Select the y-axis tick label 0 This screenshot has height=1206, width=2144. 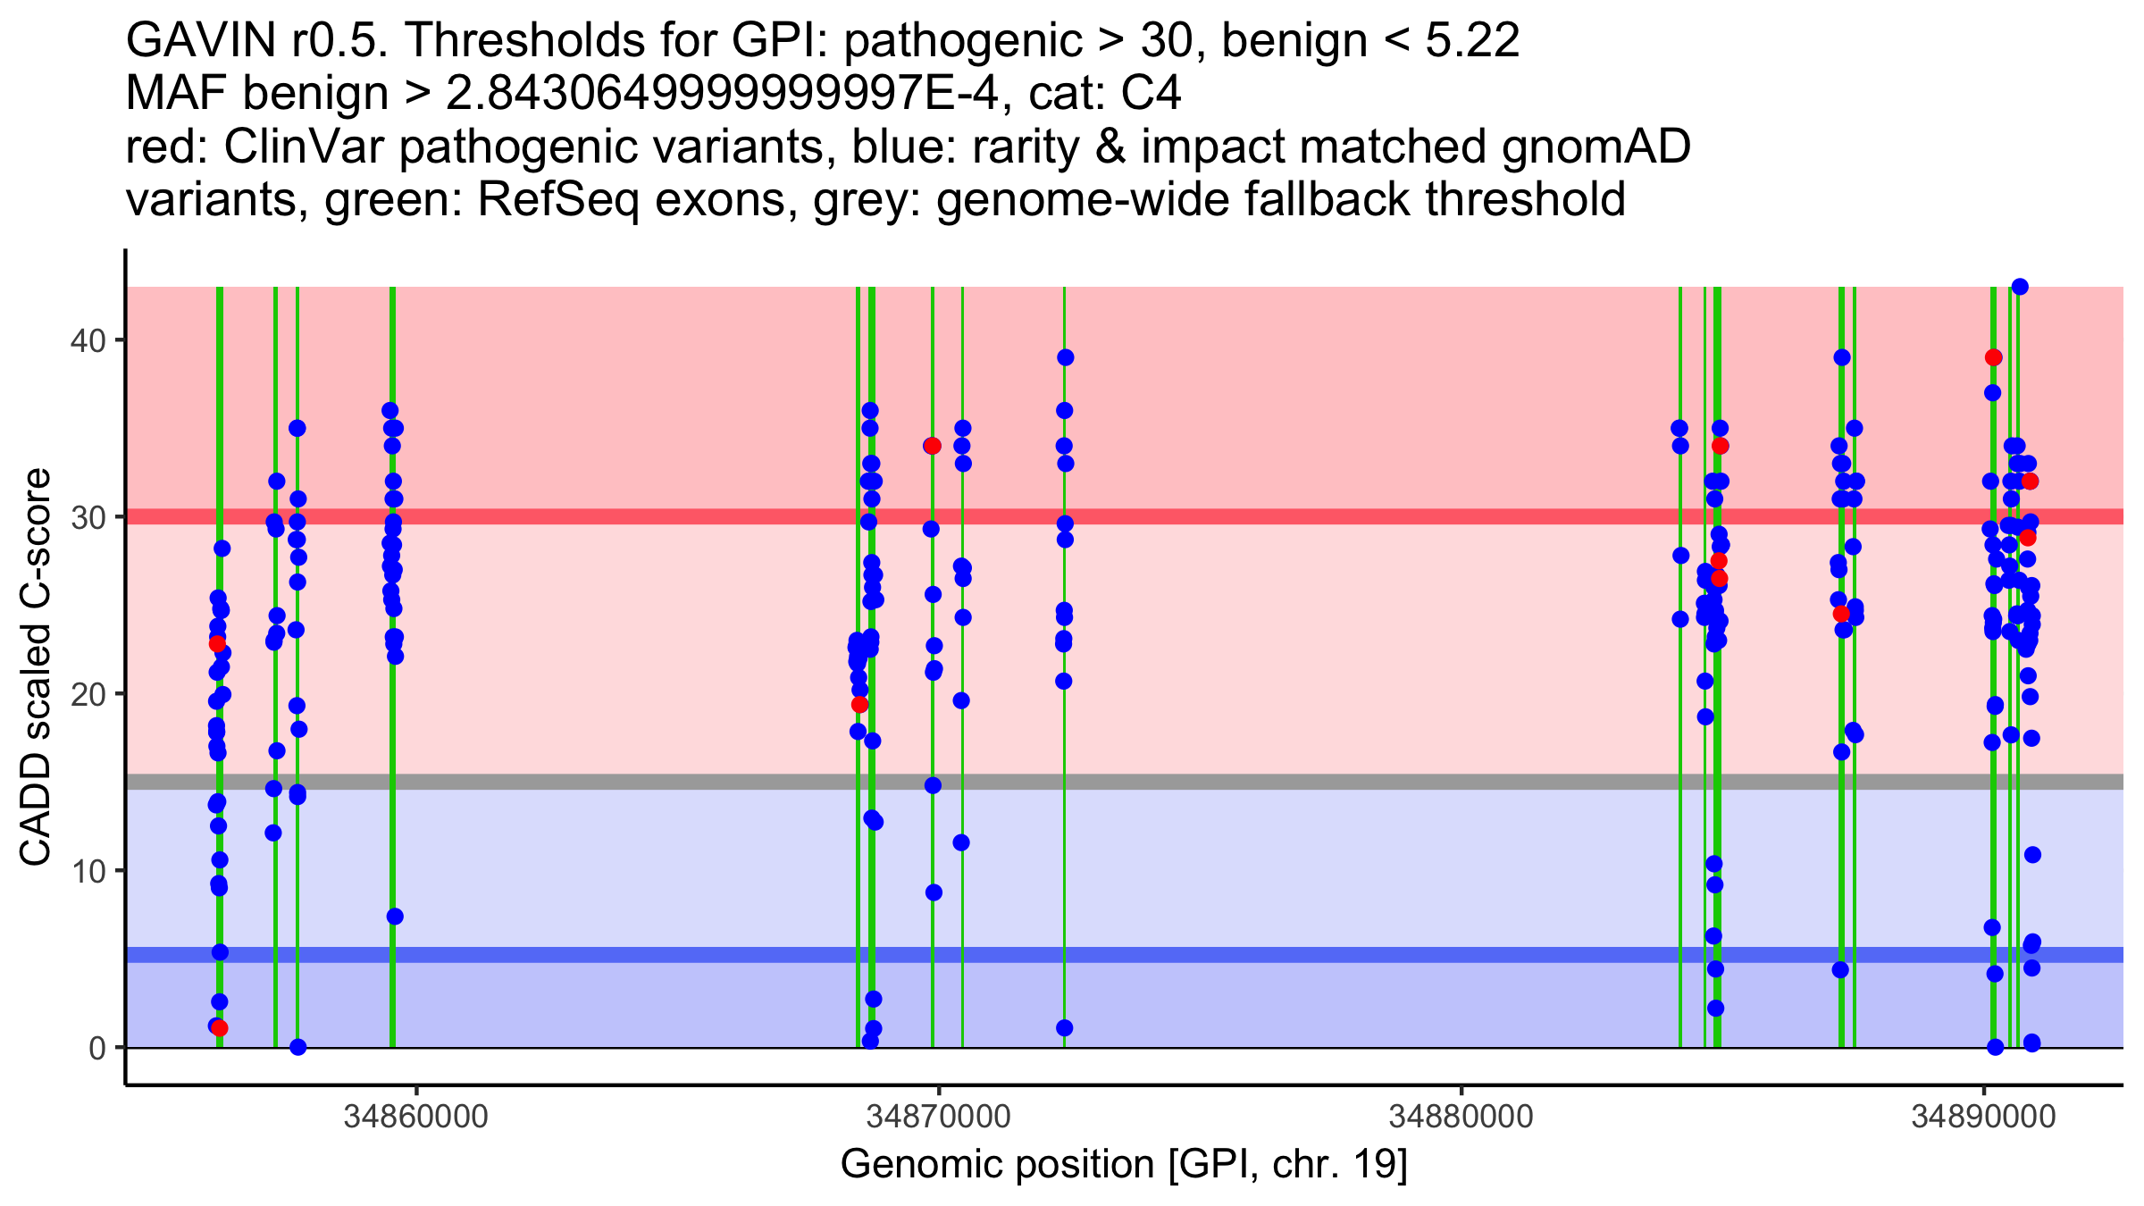(97, 1048)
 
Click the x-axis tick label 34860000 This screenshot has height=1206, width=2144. (416, 1117)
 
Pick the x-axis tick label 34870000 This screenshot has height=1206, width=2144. (939, 1117)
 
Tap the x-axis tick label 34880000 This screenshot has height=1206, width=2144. (1461, 1117)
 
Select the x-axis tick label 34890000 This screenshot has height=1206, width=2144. (1984, 1117)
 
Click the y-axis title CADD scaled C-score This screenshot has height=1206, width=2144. (36, 668)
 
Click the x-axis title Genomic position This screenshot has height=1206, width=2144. (1124, 1165)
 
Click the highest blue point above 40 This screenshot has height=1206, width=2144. (2020, 287)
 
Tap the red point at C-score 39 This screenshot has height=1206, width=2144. (1993, 357)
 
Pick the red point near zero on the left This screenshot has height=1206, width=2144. (220, 1028)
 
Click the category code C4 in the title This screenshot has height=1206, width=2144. (1152, 94)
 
